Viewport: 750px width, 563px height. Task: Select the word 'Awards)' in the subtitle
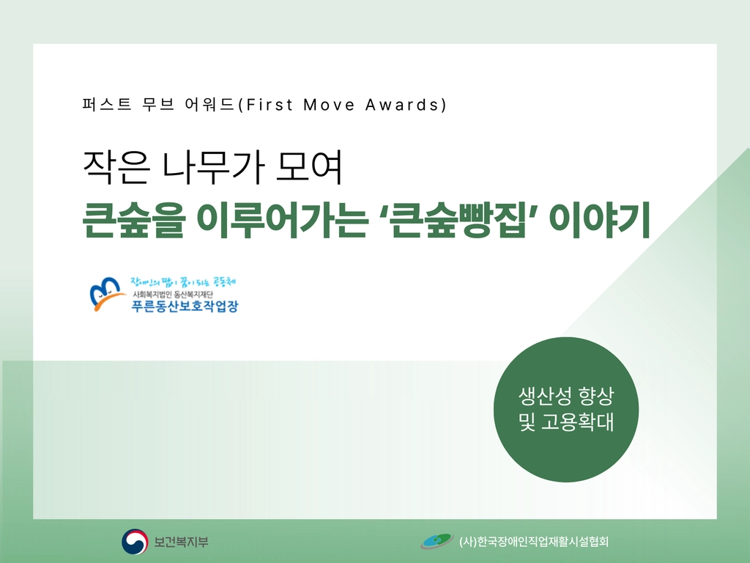tap(406, 105)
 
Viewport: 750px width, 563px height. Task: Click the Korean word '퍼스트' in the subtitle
tap(107, 104)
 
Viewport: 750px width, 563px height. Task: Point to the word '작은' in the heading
tap(116, 167)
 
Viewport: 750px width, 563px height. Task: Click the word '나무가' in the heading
tap(213, 167)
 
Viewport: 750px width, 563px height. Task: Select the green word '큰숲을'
tap(134, 221)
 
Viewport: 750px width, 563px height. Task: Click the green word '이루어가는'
tap(283, 221)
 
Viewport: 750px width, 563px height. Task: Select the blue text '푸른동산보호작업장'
tap(185, 306)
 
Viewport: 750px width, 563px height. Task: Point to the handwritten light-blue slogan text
tap(184, 282)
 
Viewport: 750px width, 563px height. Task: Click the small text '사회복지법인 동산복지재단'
tap(173, 294)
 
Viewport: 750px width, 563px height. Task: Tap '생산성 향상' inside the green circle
tap(566, 395)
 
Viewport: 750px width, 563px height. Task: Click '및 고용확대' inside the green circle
tap(566, 422)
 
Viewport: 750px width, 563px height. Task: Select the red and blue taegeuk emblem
tap(135, 542)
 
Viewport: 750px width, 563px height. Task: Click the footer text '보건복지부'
tap(182, 542)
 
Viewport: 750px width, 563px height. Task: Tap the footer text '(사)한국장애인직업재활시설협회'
tap(533, 542)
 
